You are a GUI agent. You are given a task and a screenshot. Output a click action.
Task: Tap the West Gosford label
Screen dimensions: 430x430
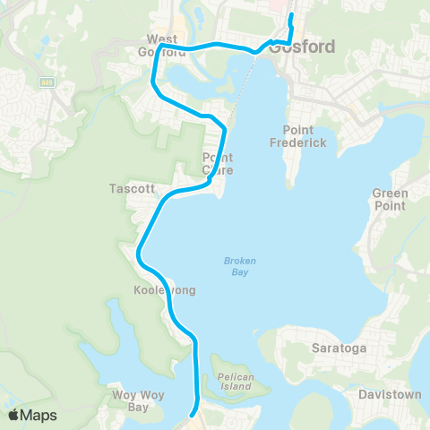click(x=162, y=46)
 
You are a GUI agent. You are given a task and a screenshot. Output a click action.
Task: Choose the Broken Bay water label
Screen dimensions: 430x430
click(x=240, y=266)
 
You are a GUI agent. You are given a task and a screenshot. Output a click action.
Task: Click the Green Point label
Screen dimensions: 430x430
click(x=390, y=200)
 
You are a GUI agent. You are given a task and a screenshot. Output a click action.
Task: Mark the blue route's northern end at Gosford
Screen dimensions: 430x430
click(x=291, y=16)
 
